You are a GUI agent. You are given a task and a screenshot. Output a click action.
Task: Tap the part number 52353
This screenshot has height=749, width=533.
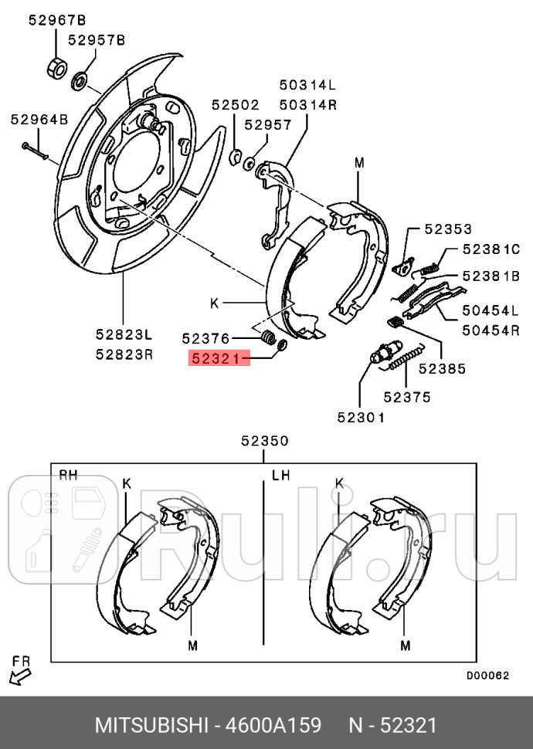coord(447,229)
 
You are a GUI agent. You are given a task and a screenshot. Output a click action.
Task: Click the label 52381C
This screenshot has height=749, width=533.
coord(491,249)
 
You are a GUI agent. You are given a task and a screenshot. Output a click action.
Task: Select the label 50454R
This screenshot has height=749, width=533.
coord(491,330)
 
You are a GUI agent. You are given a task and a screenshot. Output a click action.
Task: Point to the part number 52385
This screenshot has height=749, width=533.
coord(442,369)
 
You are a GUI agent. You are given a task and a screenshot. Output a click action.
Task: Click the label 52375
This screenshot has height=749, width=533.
coord(407,397)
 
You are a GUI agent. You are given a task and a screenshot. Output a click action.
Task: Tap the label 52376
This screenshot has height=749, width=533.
coord(205,337)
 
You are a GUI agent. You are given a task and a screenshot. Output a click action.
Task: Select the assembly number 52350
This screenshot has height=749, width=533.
coord(263,442)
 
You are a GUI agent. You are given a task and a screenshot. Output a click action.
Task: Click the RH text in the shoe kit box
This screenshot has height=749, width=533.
coord(70,474)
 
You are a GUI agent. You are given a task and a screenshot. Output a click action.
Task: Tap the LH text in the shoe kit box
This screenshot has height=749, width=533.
coord(280,475)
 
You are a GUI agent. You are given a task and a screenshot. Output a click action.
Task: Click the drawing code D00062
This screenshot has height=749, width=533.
coord(487,674)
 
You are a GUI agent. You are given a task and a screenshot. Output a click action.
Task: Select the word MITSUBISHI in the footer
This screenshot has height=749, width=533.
coord(151,726)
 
